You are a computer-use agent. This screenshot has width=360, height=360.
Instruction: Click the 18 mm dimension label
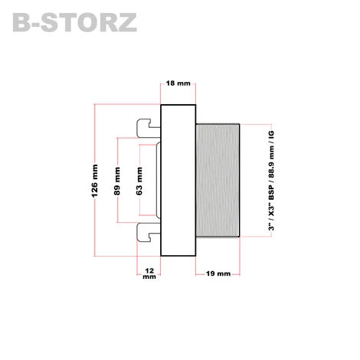[178, 83]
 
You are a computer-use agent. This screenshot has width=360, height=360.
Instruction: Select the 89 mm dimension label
[116, 181]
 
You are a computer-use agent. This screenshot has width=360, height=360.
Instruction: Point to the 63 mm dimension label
[139, 182]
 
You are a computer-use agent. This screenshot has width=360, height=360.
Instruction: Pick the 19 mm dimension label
[219, 274]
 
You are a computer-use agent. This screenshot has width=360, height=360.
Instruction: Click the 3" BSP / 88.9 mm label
[272, 181]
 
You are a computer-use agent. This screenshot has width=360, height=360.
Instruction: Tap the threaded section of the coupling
[219, 181]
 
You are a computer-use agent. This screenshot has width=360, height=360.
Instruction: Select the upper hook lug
[148, 128]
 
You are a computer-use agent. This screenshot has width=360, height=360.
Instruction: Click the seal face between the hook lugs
[157, 181]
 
